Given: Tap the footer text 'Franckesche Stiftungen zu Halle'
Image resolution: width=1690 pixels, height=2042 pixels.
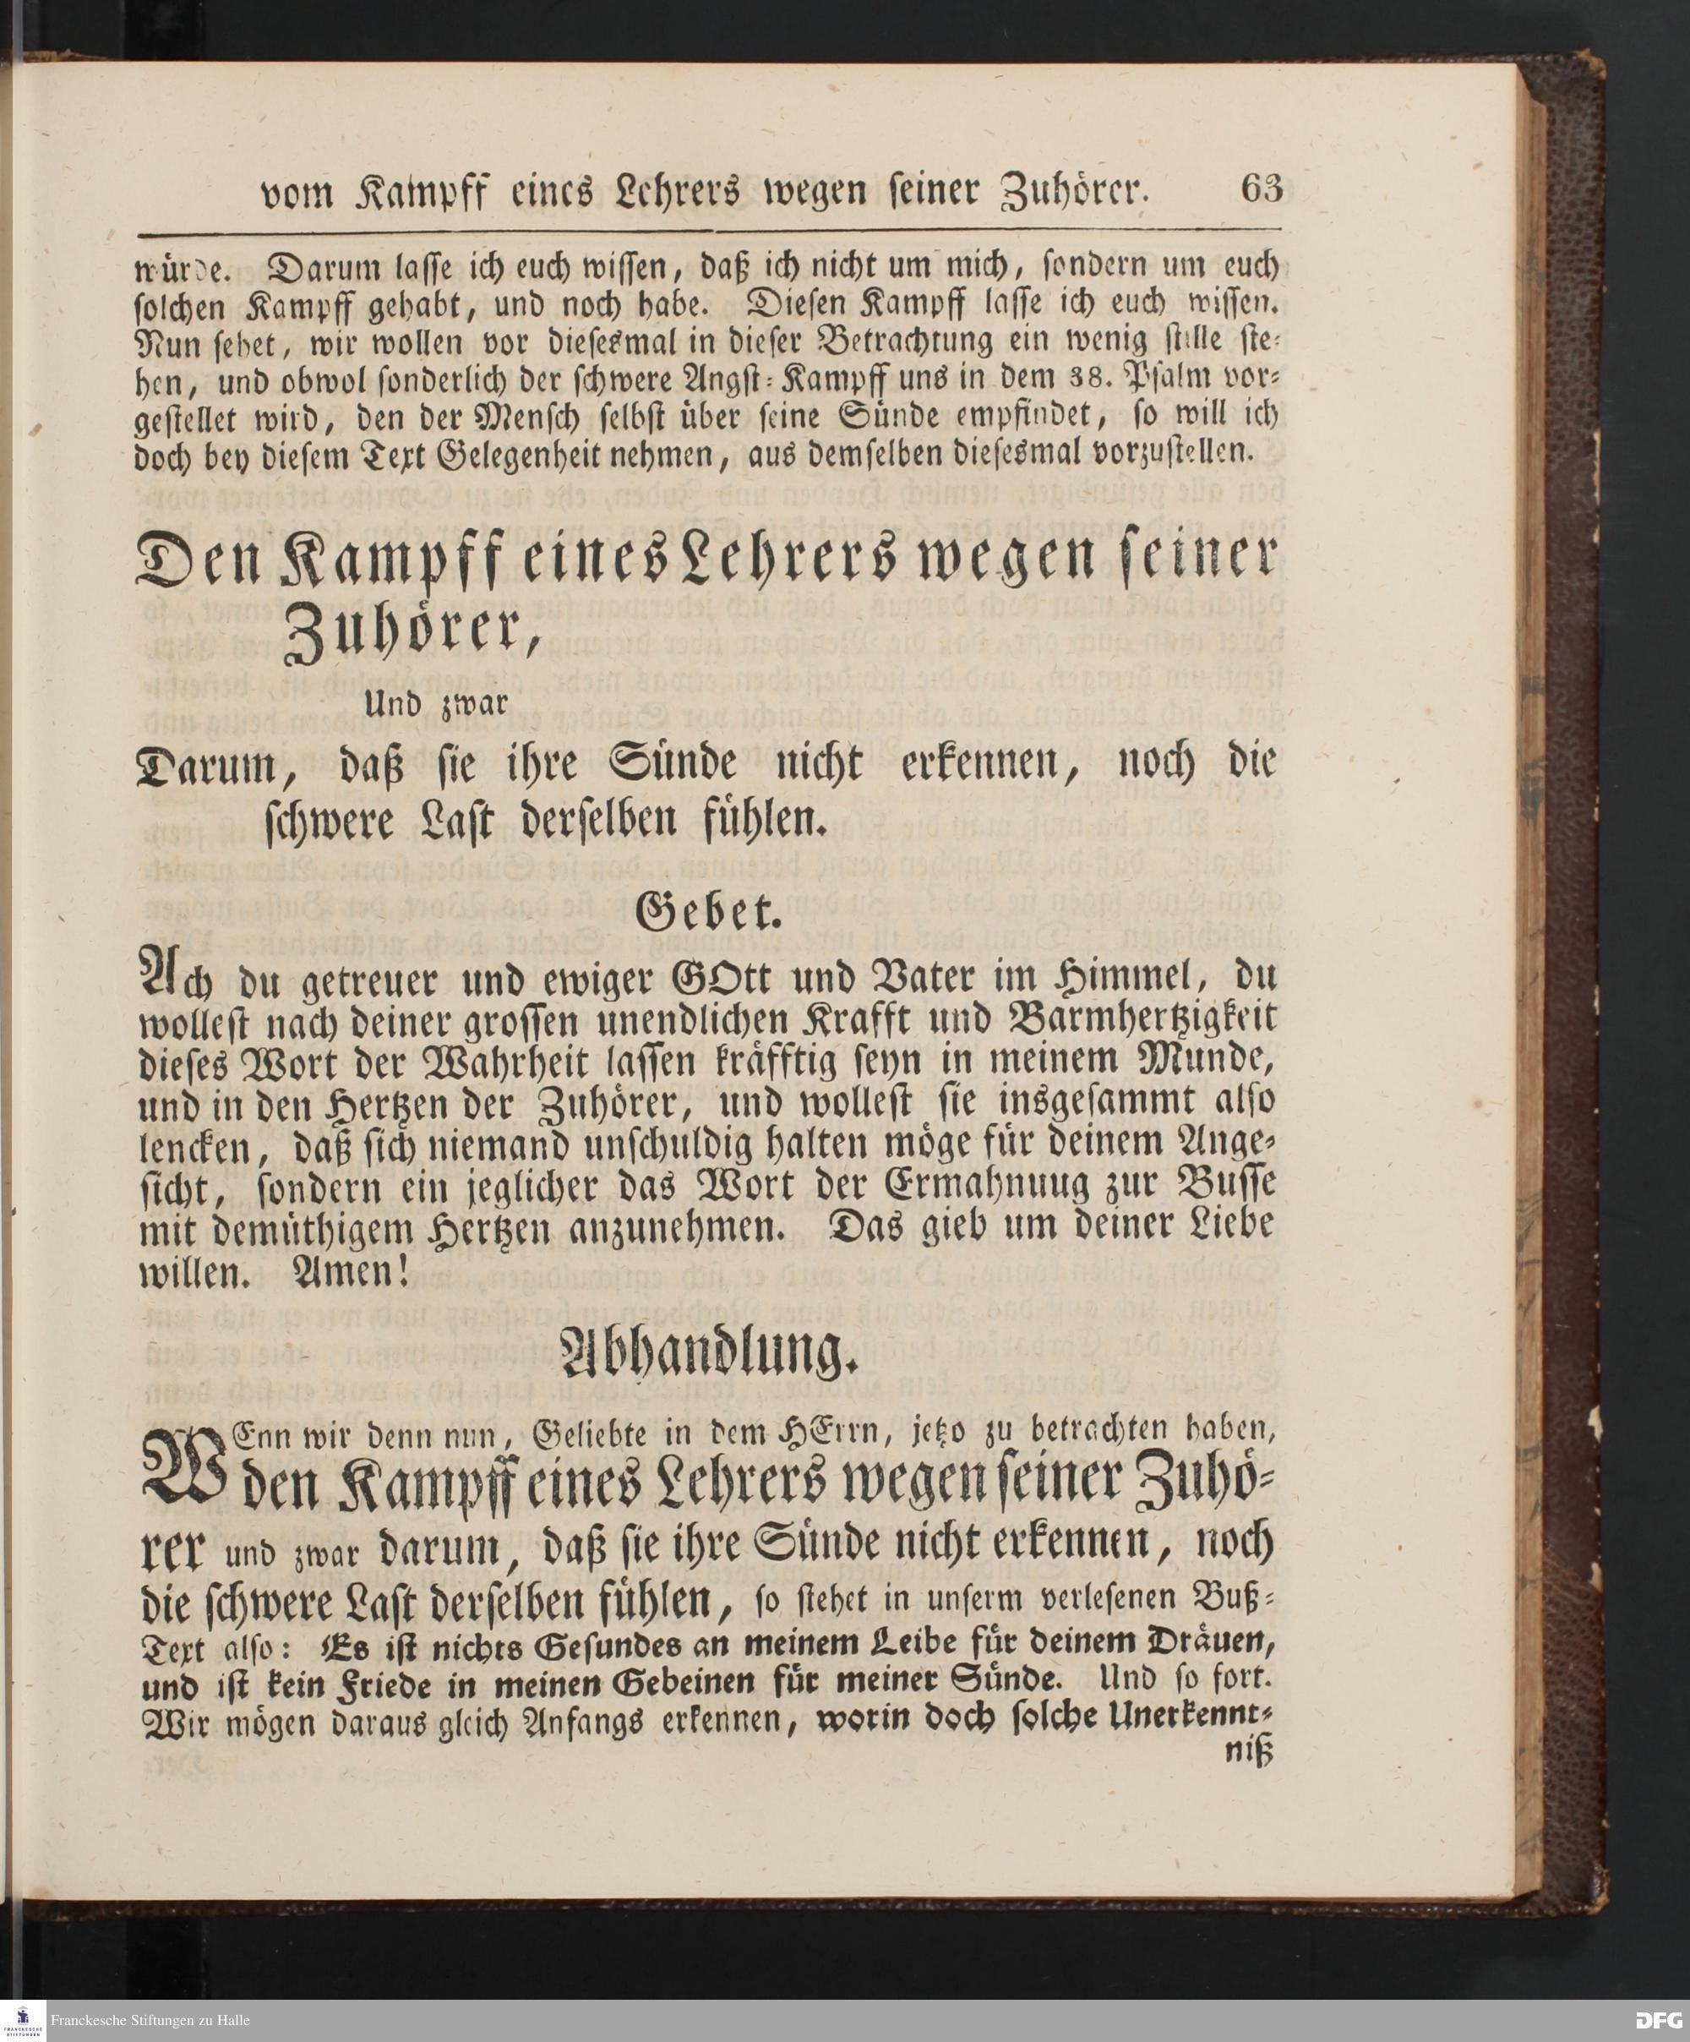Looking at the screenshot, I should (x=150, y=2021).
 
